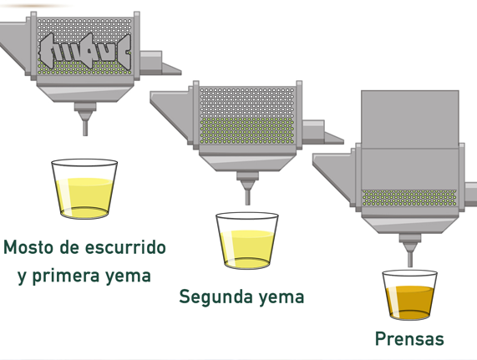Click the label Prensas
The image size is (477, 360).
[x=409, y=339]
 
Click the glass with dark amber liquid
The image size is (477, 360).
[x=410, y=295]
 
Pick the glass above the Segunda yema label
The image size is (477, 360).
[x=247, y=241]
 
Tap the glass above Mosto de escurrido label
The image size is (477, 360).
[x=84, y=189]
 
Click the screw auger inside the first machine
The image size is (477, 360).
[x=85, y=51]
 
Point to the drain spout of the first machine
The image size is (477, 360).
[x=85, y=119]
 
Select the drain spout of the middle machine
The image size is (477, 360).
[x=247, y=189]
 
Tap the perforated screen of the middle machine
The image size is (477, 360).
[x=247, y=116]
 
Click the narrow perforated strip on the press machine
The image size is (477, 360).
[x=409, y=198]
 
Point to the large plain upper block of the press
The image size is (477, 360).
[x=410, y=119]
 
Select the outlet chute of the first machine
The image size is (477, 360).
[x=160, y=63]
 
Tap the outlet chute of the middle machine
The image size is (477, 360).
[x=322, y=133]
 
